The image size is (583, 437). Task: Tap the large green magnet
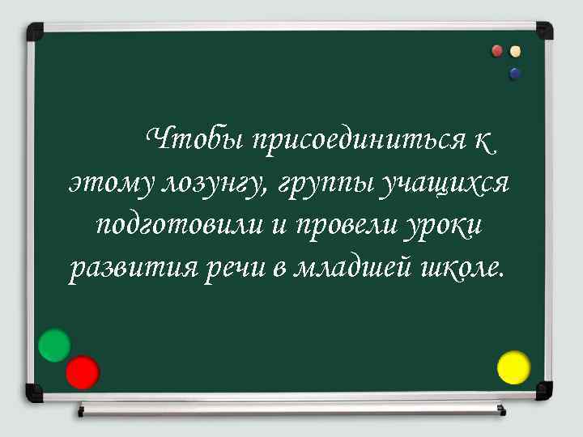tap(54, 346)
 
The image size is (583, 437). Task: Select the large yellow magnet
tap(513, 367)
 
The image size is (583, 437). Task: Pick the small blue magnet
tap(515, 73)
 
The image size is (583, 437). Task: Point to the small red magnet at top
tap(498, 52)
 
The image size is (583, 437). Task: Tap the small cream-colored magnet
tap(516, 52)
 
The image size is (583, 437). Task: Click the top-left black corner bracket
tap(35, 32)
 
